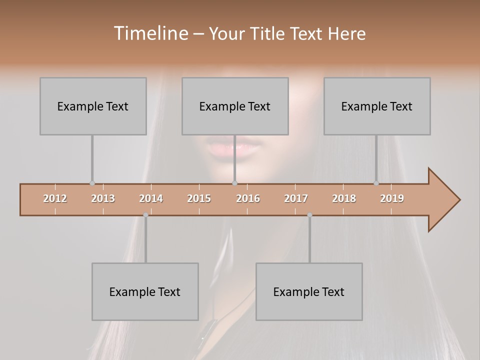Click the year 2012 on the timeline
55,198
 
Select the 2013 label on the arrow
103,198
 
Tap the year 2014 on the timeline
151,198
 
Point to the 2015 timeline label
199,198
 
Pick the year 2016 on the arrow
248,198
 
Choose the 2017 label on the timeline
296,198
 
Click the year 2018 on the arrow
344,198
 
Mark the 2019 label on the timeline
392,198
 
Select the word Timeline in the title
150,33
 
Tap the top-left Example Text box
93,106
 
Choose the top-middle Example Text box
235,106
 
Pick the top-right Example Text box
377,106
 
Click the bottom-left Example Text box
145,291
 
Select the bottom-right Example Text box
309,291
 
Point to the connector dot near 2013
92,183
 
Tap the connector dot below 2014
145,215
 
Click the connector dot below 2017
309,215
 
